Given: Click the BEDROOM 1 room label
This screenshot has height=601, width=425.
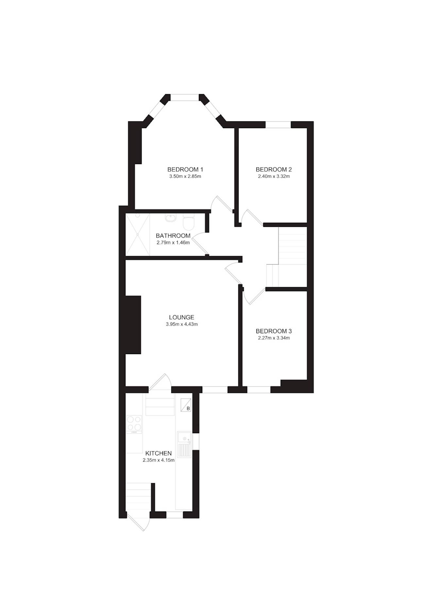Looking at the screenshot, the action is click(x=185, y=169).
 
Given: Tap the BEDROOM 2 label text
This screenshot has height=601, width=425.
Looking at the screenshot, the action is click(x=274, y=169).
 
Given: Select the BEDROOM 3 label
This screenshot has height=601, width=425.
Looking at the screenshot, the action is click(x=274, y=331).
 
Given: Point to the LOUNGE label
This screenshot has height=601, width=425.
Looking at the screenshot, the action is click(x=182, y=317).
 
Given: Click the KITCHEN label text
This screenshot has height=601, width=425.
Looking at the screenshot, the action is click(x=159, y=453).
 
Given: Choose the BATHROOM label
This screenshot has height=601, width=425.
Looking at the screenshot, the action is click(x=173, y=236).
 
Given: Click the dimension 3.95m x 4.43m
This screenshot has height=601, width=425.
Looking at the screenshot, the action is click(x=182, y=324).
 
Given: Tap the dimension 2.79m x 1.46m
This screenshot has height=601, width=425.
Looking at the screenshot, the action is click(x=173, y=243).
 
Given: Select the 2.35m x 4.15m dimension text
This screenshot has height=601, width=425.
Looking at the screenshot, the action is click(x=159, y=460).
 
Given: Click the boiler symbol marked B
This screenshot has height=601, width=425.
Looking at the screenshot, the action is click(x=186, y=405).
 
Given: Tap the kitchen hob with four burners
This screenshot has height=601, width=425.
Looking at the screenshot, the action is click(x=134, y=424).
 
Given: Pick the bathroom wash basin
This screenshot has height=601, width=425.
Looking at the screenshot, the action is click(x=170, y=217).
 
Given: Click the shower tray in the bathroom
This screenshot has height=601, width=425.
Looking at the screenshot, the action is click(x=138, y=234).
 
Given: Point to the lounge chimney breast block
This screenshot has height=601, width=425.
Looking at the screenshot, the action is click(x=133, y=325).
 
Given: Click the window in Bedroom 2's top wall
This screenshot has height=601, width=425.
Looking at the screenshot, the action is click(x=278, y=125).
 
